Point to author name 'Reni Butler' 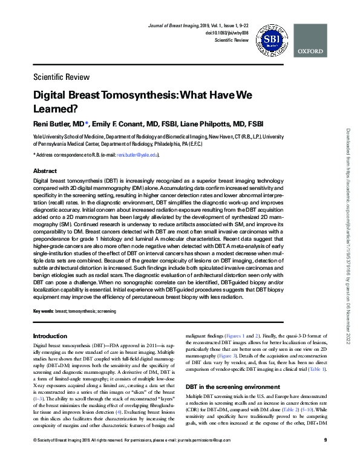[x=52, y=124]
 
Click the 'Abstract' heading [x=45, y=171]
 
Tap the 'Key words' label [x=43, y=311]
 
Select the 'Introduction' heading [x=50, y=336]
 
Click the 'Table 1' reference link [x=318, y=369]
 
